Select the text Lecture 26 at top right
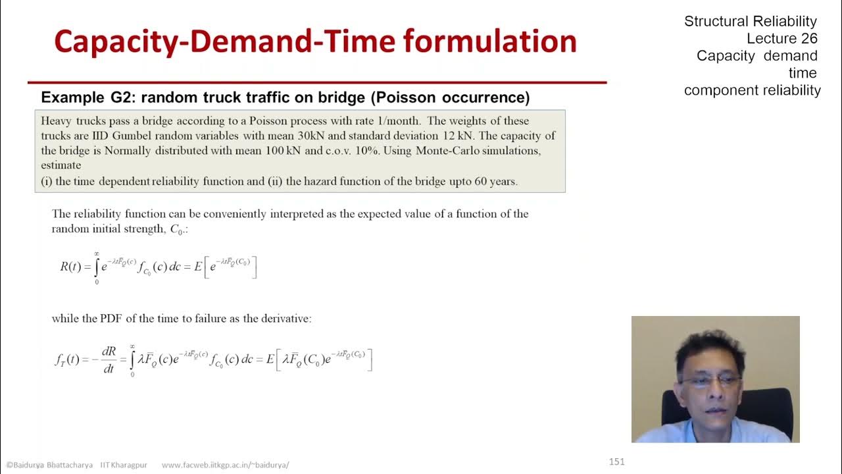pyautogui.click(x=781, y=38)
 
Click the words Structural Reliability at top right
pyautogui.click(x=750, y=21)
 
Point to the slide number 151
pyautogui.click(x=616, y=461)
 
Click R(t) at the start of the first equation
pyautogui.click(x=70, y=267)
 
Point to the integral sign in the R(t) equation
pyautogui.click(x=97, y=267)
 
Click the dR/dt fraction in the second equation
pyautogui.click(x=109, y=360)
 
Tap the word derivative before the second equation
pyautogui.click(x=284, y=319)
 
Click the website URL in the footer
pyautogui.click(x=225, y=465)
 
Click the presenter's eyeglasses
pyautogui.click(x=710, y=381)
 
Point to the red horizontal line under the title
pyautogui.click(x=316, y=83)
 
